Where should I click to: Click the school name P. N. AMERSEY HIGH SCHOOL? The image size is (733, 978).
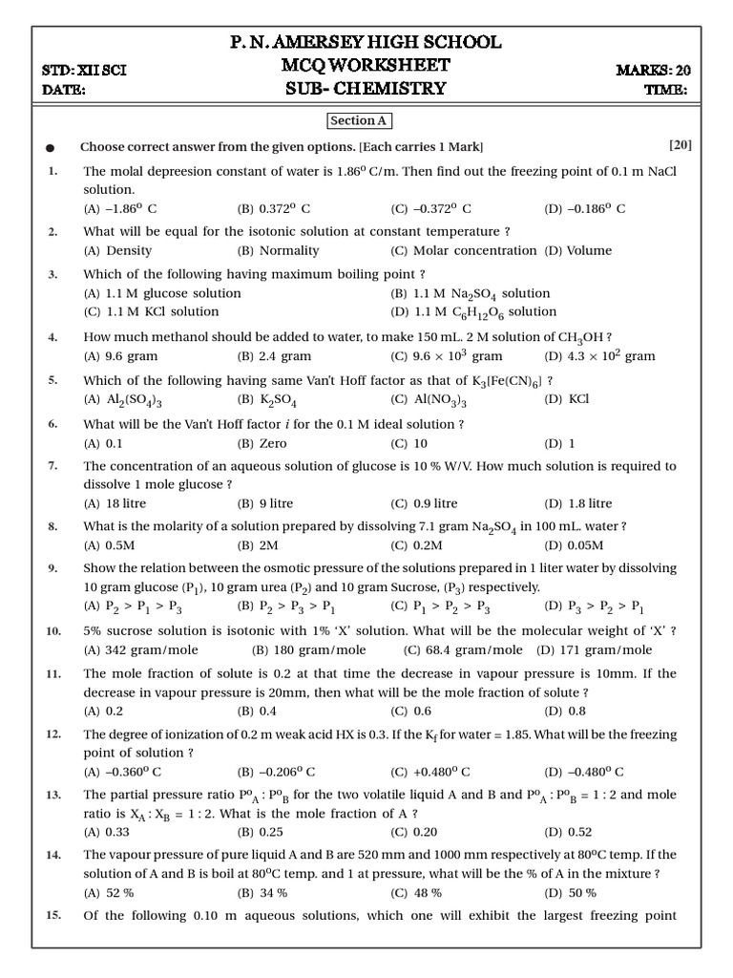(x=366, y=43)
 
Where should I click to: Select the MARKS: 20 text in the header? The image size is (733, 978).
(x=655, y=70)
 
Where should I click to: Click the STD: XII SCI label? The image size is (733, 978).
(x=85, y=70)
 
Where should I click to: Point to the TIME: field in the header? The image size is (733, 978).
(x=667, y=90)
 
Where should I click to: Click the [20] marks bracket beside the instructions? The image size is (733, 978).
(x=681, y=145)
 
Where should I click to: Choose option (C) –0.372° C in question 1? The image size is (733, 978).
(x=430, y=208)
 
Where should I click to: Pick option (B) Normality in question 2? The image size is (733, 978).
(x=278, y=250)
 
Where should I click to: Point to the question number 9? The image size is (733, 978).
(x=53, y=568)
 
